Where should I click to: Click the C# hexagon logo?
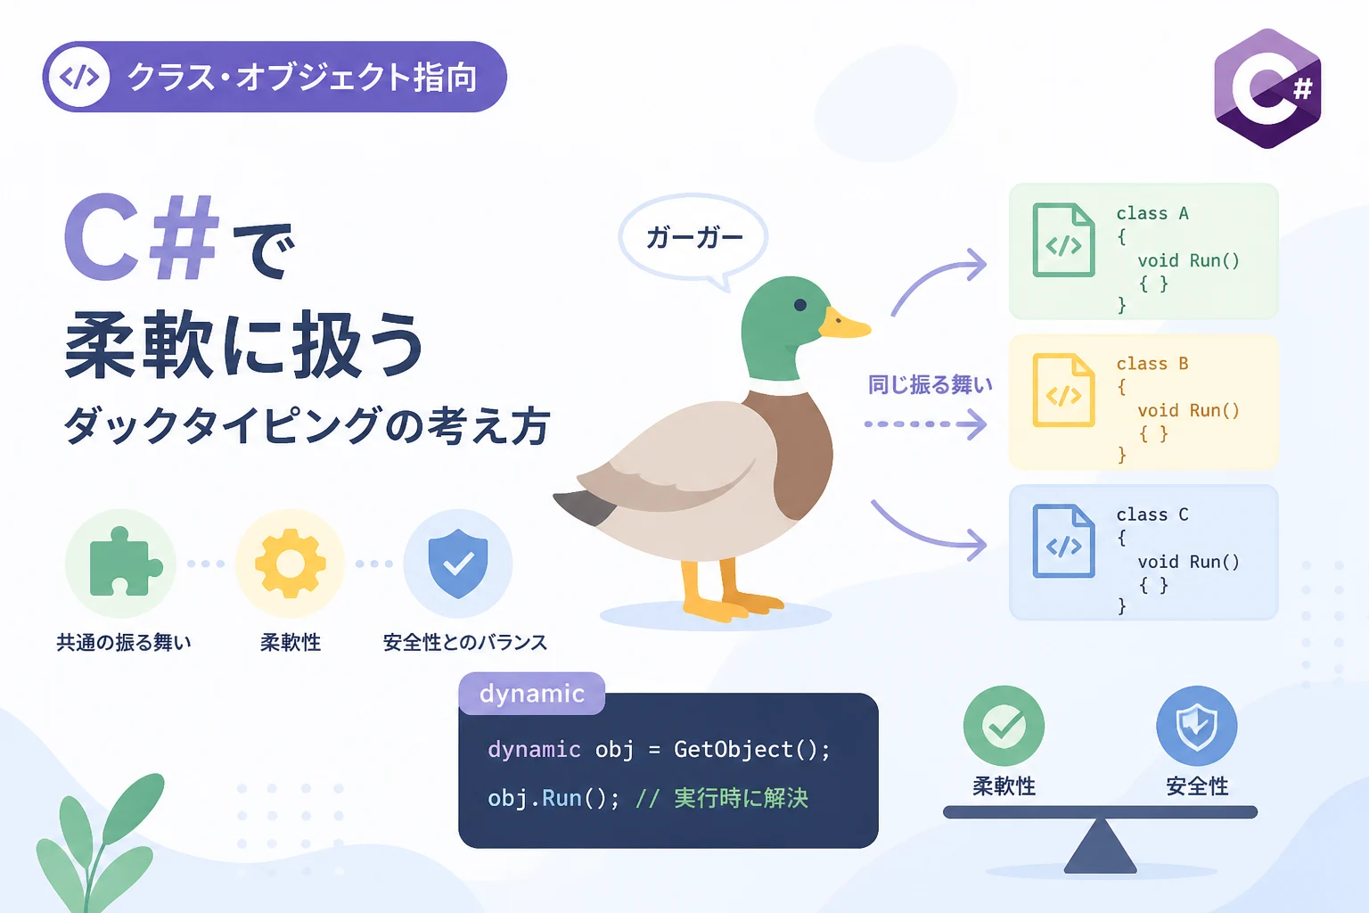1267,88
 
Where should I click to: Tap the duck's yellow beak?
845,325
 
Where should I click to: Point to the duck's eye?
800,305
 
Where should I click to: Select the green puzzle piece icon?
125,562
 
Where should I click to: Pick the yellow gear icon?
290,563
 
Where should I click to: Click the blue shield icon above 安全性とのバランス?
458,563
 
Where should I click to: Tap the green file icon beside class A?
1063,240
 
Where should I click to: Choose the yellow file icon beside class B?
1063,391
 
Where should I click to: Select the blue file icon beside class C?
1063,541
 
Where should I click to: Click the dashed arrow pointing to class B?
925,424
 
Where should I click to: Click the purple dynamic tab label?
532,694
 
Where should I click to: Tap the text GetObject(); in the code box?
751,750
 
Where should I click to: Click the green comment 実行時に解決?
741,798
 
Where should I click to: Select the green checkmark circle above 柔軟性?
1004,726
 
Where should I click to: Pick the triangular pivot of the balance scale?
1100,846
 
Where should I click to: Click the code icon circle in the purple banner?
78,77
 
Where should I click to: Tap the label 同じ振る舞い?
930,384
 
